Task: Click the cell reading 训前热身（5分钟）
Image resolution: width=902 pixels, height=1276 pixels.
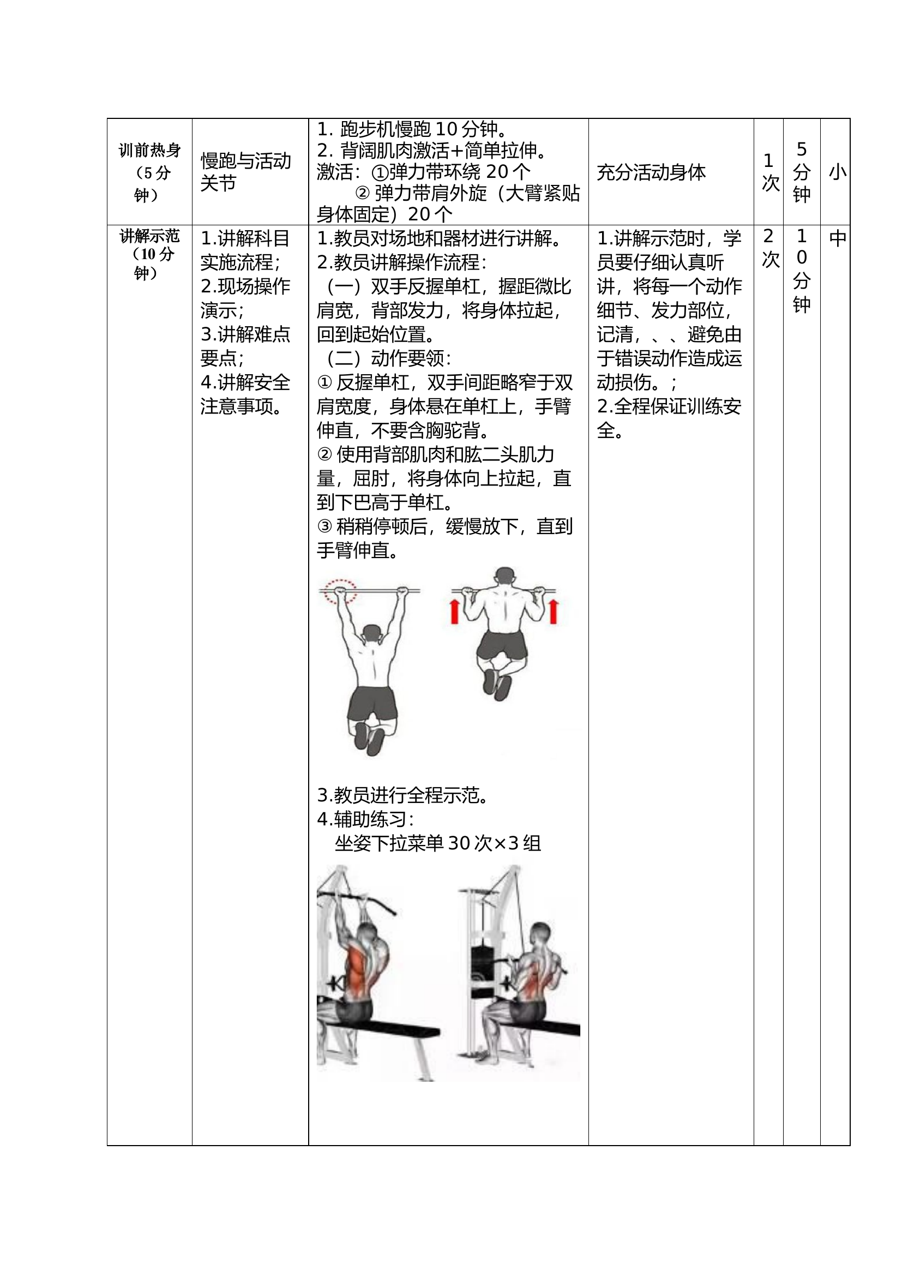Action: [x=149, y=172]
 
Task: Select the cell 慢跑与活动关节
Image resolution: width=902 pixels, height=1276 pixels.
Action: [x=245, y=172]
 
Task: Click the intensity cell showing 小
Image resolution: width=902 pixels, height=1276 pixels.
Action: [x=837, y=172]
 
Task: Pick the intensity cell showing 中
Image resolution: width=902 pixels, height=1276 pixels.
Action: [x=837, y=239]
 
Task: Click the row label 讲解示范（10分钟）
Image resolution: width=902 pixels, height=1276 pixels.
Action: [x=149, y=254]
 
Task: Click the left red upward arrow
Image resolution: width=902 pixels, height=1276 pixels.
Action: [x=454, y=612]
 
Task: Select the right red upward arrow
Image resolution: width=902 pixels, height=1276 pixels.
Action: [x=553, y=612]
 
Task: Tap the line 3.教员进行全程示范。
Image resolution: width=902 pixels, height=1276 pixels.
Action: [x=403, y=795]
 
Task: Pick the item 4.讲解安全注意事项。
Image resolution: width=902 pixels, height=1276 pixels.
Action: [x=245, y=394]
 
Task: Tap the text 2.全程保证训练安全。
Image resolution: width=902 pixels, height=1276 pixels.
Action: [x=669, y=418]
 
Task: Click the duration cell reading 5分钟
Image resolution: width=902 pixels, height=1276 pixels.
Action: [x=801, y=172]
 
